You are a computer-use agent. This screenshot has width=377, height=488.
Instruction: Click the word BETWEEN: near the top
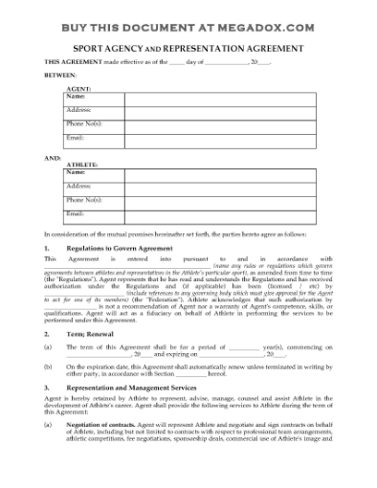click(x=60, y=74)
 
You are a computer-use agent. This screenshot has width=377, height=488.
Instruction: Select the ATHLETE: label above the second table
click(x=80, y=165)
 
